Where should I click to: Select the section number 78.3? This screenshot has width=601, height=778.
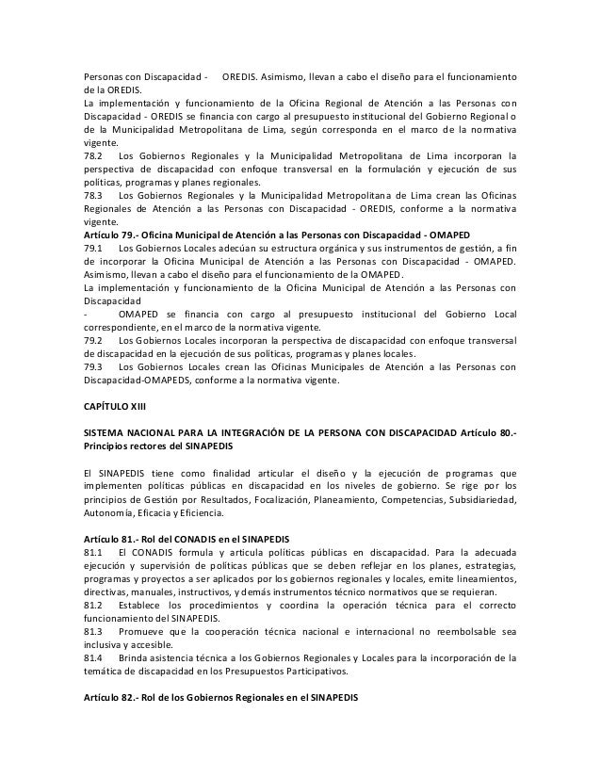click(93, 191)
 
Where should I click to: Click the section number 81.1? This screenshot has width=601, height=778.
click(93, 549)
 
